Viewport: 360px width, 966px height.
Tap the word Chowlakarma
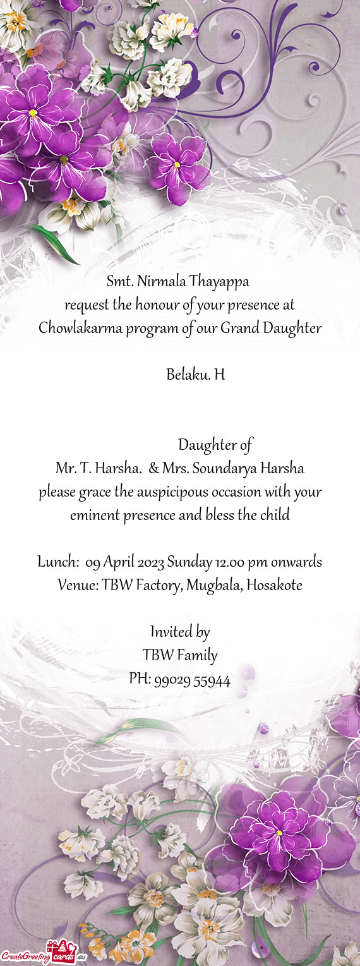71,329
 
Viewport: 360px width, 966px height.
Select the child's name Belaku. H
195,375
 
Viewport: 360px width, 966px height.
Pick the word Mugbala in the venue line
214,586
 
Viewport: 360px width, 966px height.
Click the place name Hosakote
274,586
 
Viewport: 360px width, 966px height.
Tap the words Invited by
180,632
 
